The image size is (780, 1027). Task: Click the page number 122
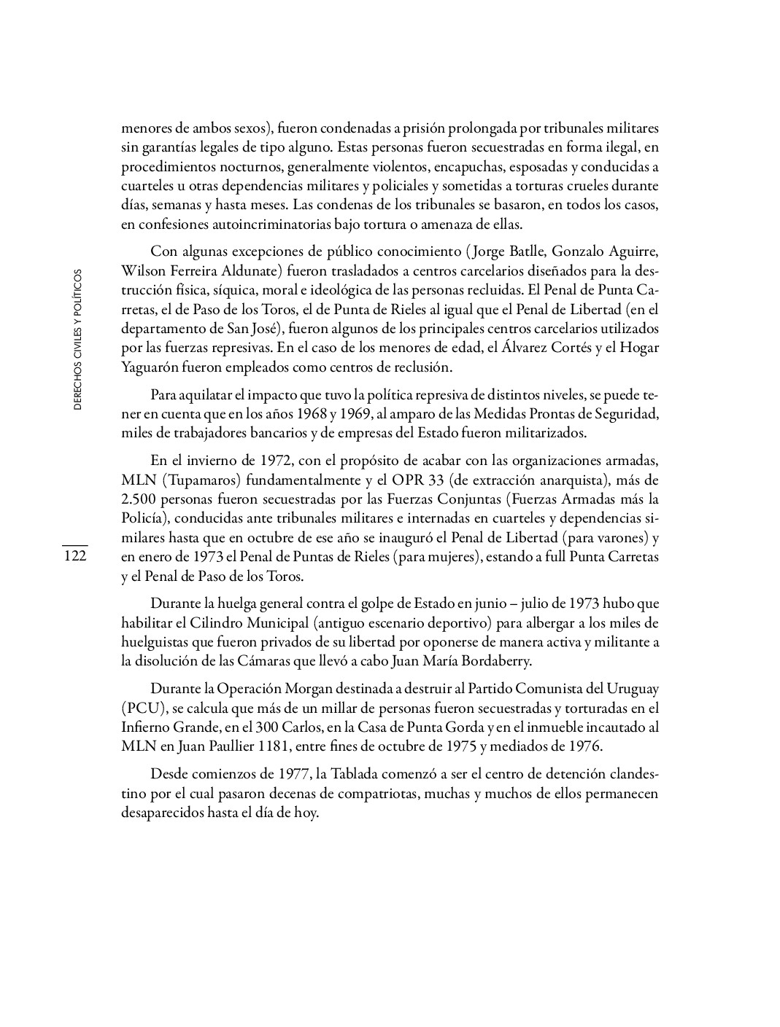(74, 557)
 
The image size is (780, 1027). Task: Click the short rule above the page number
(74, 545)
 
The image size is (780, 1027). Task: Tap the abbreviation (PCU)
(142, 708)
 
